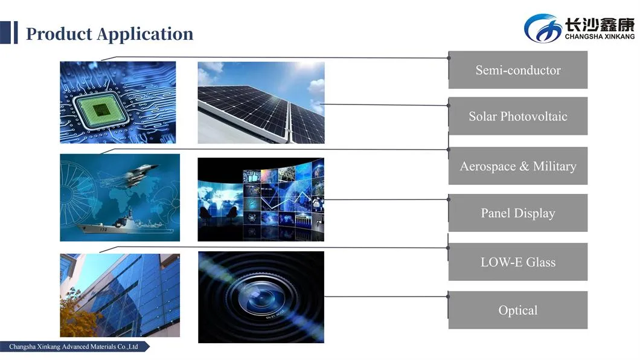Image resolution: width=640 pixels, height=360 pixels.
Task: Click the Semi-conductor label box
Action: [517, 70]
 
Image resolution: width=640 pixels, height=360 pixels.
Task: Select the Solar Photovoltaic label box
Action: [517, 116]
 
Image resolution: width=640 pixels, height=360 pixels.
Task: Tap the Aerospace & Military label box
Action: [517, 166]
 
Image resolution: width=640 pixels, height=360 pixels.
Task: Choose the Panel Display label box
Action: [517, 213]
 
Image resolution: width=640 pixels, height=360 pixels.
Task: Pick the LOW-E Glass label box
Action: [517, 262]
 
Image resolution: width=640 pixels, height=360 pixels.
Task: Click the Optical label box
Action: [517, 310]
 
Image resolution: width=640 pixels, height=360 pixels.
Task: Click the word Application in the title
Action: [145, 34]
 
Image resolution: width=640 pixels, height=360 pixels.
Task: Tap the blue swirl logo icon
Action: [541, 28]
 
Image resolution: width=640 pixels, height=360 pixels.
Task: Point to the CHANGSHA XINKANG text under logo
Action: [599, 36]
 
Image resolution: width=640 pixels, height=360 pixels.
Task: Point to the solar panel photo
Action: [261, 103]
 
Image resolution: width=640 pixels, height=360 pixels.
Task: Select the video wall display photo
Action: [261, 199]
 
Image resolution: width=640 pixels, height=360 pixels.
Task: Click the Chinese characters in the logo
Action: [599, 24]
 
